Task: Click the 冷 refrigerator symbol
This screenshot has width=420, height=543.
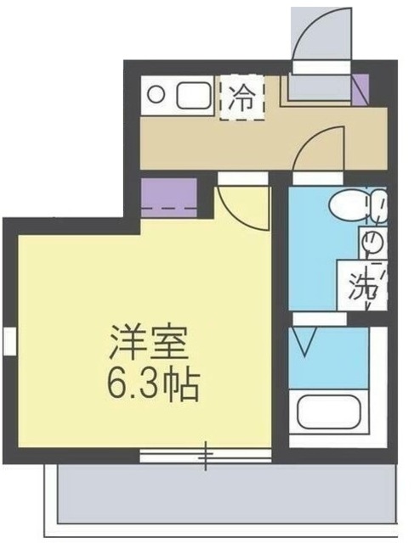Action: tap(242, 97)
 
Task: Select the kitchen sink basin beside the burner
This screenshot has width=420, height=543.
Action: tap(195, 95)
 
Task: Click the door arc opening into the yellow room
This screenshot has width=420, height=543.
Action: tap(238, 204)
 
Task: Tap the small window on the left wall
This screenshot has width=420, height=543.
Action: tap(9, 342)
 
